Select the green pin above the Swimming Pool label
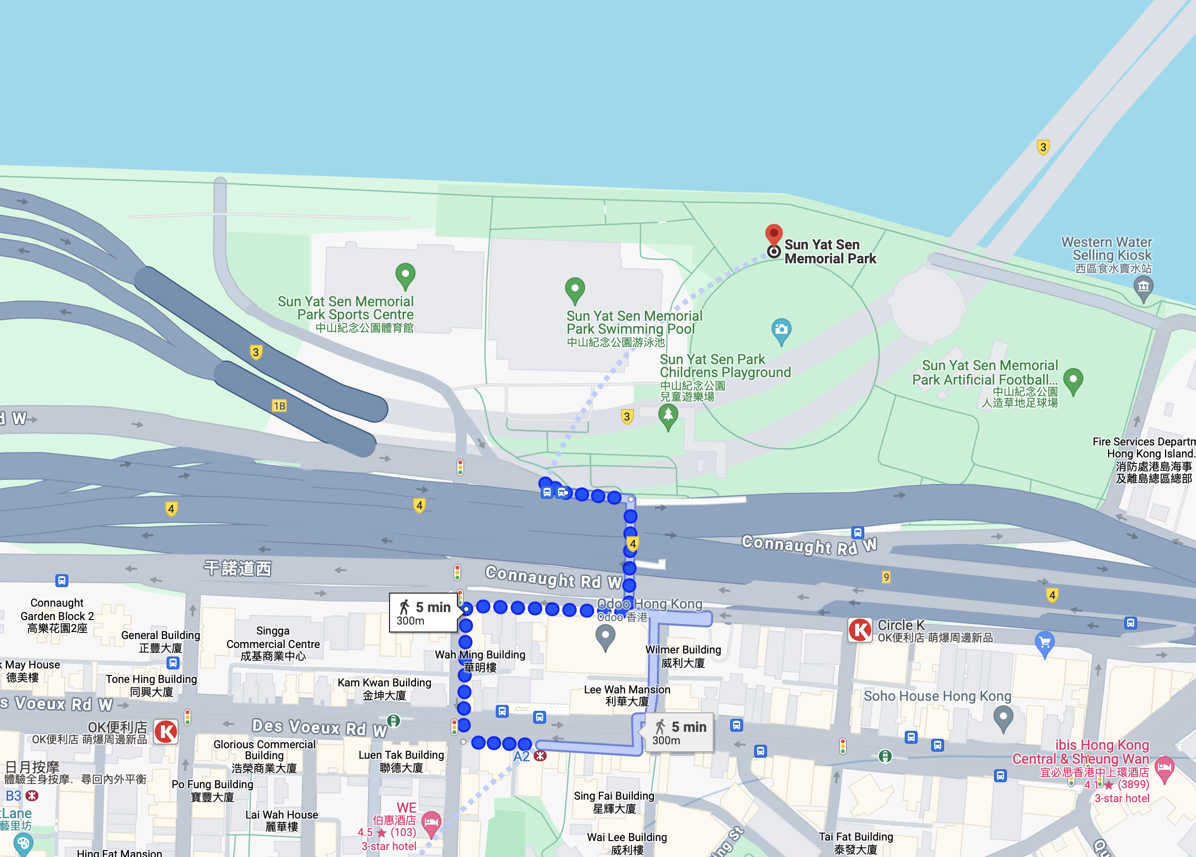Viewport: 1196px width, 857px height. (575, 289)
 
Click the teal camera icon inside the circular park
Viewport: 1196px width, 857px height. (781, 330)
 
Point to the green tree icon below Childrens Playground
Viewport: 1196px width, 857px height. (668, 416)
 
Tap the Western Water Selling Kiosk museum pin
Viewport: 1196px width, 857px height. (1143, 288)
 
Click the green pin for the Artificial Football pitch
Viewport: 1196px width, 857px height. (1073, 380)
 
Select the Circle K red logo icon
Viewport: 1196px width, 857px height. (860, 630)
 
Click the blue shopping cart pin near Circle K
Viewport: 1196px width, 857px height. (1044, 643)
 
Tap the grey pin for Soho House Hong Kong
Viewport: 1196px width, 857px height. (1003, 718)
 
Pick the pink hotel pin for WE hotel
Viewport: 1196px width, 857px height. (431, 823)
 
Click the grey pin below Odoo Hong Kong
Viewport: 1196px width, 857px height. (605, 637)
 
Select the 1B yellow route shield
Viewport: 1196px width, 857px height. (279, 406)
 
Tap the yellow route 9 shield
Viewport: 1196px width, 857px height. (886, 577)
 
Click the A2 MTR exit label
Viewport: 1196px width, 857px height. (522, 756)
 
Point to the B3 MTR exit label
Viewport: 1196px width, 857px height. (13, 795)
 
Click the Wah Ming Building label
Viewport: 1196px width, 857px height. (480, 660)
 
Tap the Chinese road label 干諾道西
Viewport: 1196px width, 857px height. (238, 568)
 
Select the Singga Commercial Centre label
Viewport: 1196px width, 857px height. (273, 643)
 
